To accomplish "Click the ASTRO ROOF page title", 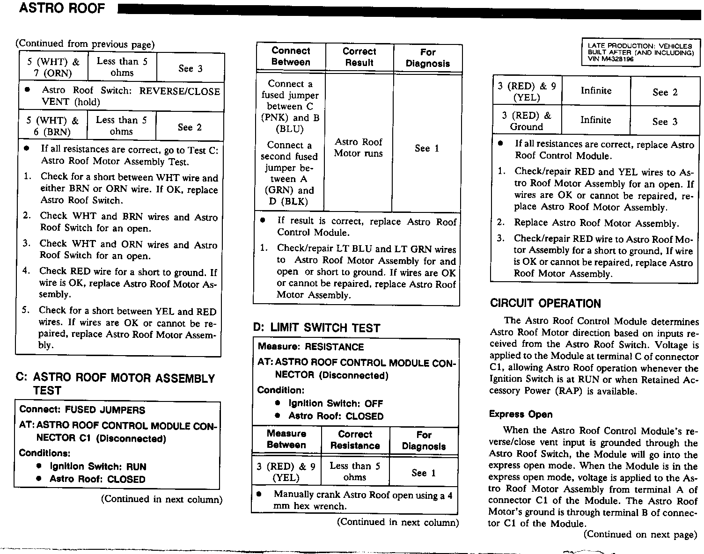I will (x=62, y=8).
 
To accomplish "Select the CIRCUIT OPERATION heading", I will (x=545, y=303).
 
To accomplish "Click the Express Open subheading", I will (x=521, y=414).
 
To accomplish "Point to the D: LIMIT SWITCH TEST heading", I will (x=316, y=328).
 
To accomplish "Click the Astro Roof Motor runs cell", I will (x=359, y=147).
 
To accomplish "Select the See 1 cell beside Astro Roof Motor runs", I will (x=427, y=148).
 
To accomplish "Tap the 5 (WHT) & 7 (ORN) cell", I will (x=53, y=67).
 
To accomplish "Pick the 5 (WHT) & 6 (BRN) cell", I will (x=52, y=126).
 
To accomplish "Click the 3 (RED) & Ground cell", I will (x=527, y=121).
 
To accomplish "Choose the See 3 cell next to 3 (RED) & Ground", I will (x=665, y=122).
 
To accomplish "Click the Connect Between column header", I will (x=291, y=57).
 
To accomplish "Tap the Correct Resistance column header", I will (x=355, y=440).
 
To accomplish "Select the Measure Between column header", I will (x=286, y=439).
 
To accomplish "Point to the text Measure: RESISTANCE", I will (x=310, y=347).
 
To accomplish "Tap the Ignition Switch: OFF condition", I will (x=335, y=403).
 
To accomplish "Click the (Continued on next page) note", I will (x=640, y=534).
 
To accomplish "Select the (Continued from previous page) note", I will (x=85, y=44).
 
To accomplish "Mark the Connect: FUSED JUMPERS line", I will (x=82, y=410).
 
